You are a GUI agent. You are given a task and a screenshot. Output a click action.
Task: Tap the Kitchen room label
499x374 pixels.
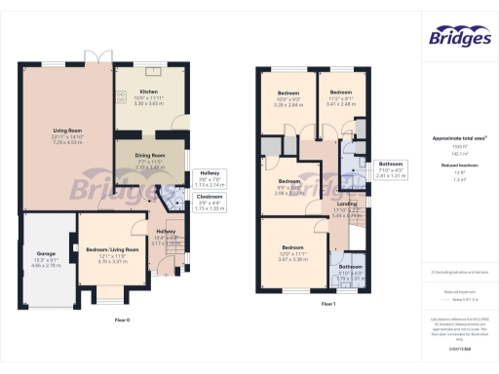click(148, 91)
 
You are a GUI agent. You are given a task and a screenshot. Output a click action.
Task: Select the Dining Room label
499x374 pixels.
click(148, 156)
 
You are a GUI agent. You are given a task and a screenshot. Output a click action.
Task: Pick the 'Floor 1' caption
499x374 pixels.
click(328, 304)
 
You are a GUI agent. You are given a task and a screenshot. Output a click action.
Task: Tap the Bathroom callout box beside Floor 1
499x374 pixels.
click(391, 168)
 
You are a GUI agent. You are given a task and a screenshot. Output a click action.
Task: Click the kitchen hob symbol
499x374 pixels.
click(122, 95)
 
